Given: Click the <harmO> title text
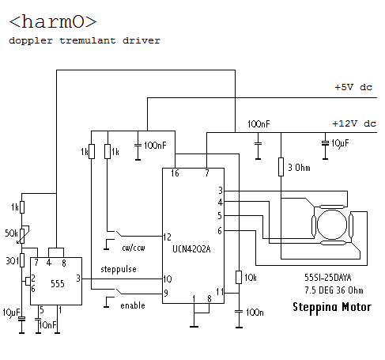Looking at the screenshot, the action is coord(53,21).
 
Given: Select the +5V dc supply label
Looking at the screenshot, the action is coord(353,87).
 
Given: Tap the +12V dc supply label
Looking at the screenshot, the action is coord(354,123).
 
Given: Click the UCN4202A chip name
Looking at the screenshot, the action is coord(191,249).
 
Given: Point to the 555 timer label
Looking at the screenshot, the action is coord(58,284).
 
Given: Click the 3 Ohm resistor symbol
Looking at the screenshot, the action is coord(281,167).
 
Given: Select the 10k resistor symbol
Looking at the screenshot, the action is coord(239,277).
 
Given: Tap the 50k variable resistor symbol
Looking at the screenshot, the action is coord(22,235).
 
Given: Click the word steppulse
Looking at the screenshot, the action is coord(119,270).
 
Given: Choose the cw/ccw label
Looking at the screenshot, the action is coord(134,248).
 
